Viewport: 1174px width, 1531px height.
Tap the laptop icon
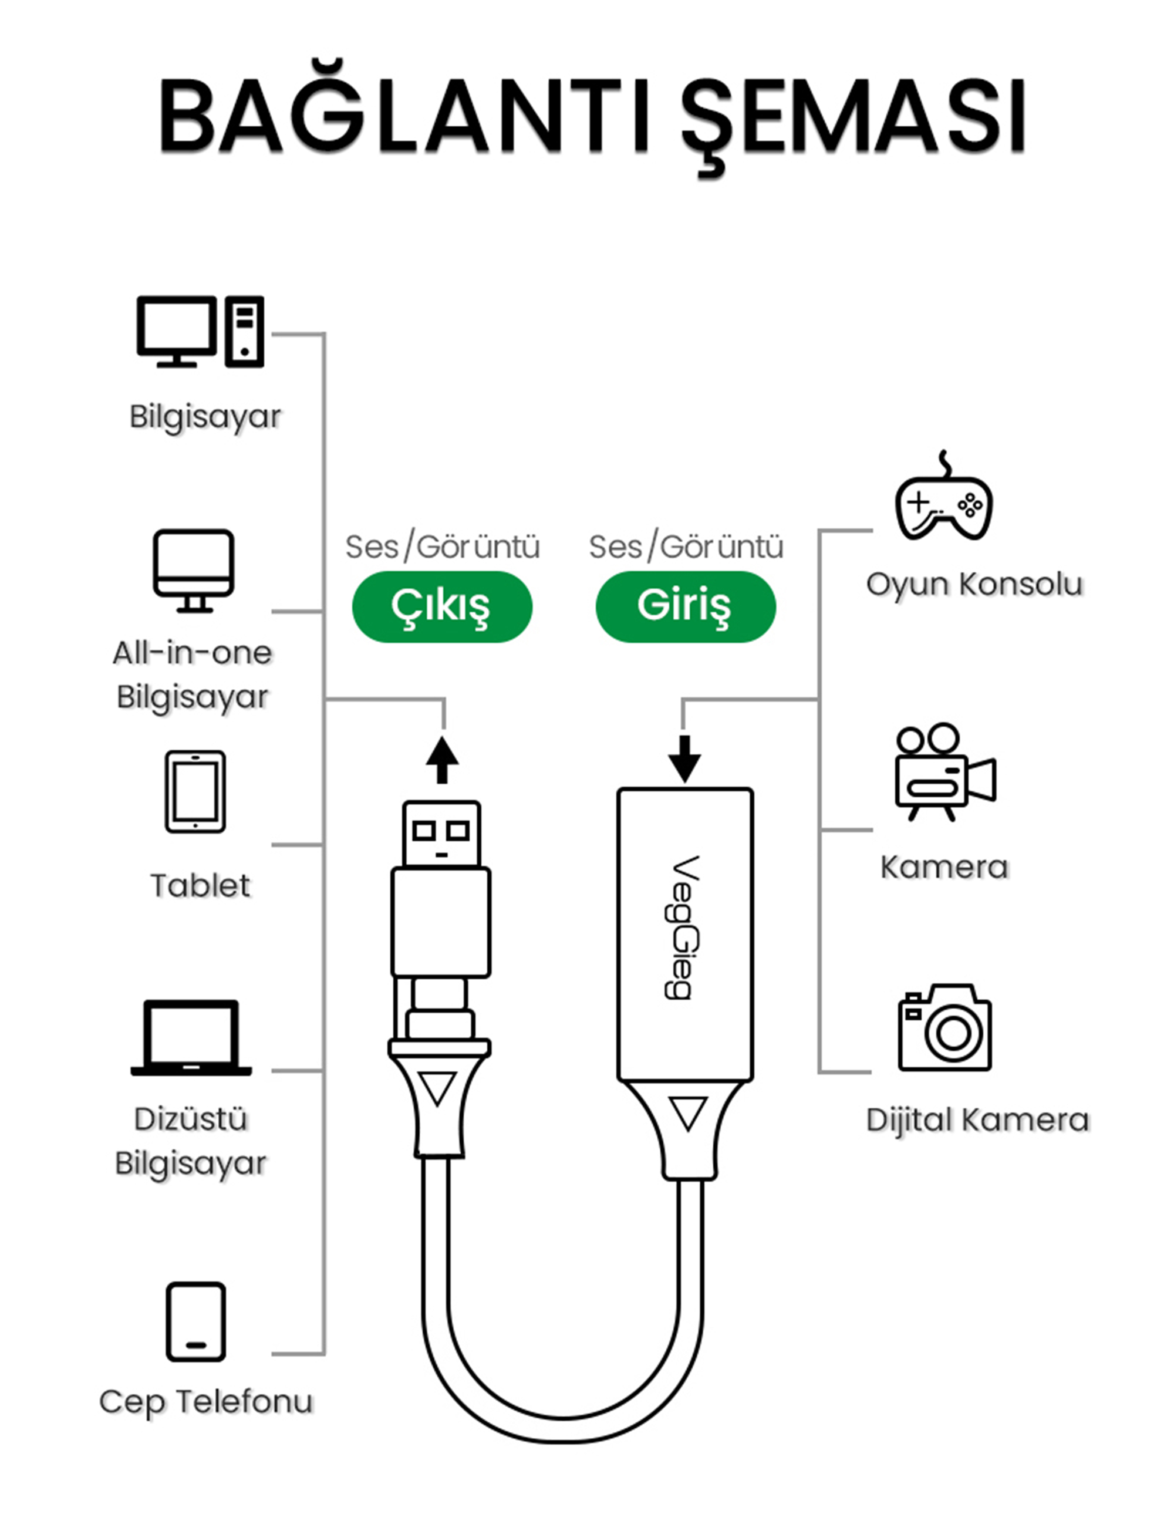click(x=191, y=1038)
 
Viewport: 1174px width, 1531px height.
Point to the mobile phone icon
click(x=195, y=1321)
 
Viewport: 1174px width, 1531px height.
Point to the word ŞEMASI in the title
click(x=852, y=117)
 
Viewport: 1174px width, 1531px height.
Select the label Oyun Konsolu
click(x=974, y=584)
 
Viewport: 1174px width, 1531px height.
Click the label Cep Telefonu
click(x=205, y=1402)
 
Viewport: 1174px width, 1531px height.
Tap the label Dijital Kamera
click(x=977, y=1119)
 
